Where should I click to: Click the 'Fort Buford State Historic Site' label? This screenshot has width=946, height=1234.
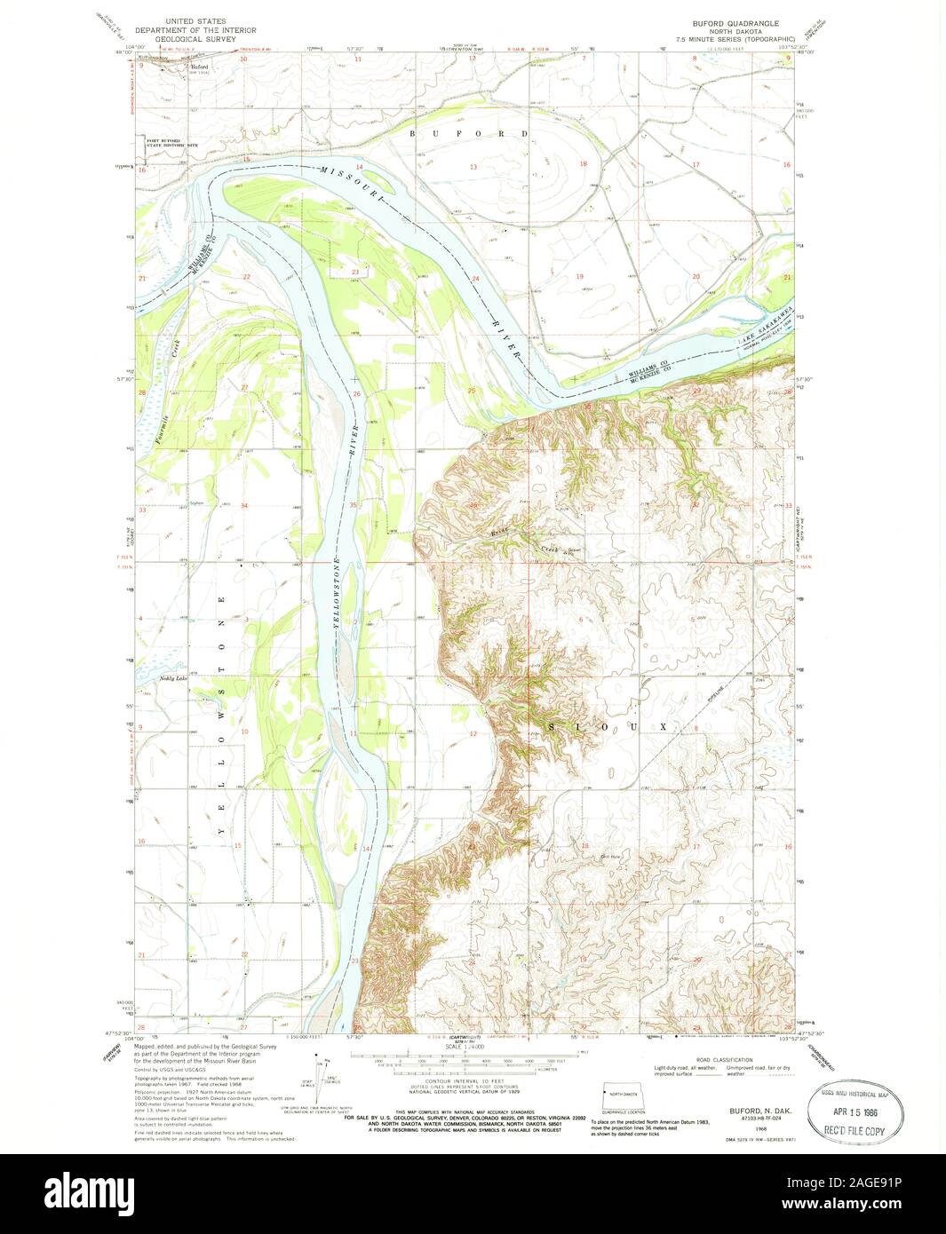(172, 141)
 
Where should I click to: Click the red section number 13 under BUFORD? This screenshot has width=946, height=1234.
(473, 167)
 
